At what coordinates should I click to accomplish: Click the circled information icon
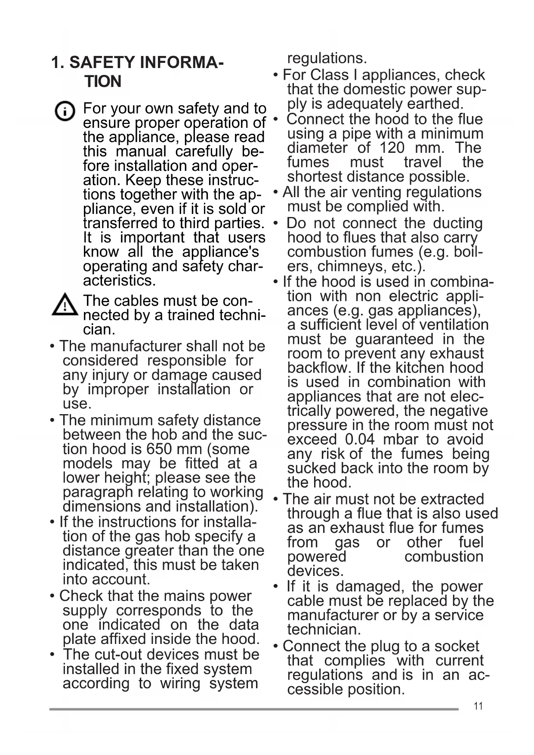click(x=65, y=112)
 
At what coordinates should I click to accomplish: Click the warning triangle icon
click(x=65, y=304)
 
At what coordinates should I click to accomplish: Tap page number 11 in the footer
click(x=478, y=706)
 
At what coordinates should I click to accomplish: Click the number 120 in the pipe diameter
click(x=392, y=148)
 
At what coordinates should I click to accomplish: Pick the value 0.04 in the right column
click(x=360, y=439)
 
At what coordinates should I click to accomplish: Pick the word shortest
click(x=315, y=176)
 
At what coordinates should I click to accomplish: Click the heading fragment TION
click(x=103, y=81)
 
